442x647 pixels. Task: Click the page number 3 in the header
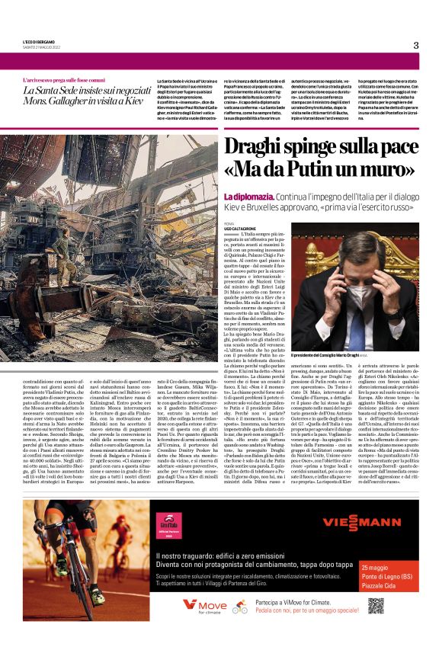pyautogui.click(x=415, y=45)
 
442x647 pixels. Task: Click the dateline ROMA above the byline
pyautogui.click(x=229, y=223)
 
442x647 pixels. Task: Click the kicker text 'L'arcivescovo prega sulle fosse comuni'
pyautogui.click(x=64, y=80)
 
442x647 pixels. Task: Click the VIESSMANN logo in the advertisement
pyautogui.click(x=362, y=522)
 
